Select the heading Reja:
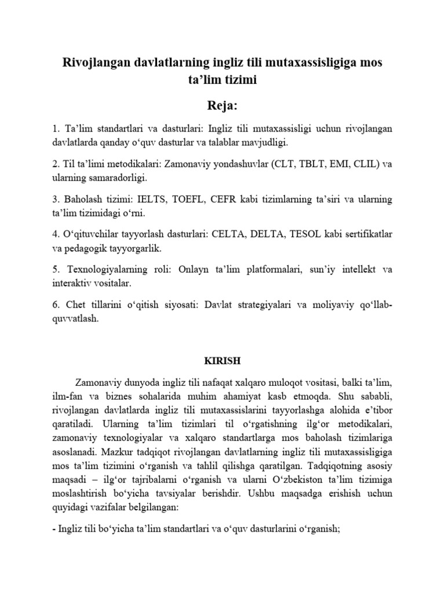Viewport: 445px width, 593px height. click(x=222, y=105)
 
